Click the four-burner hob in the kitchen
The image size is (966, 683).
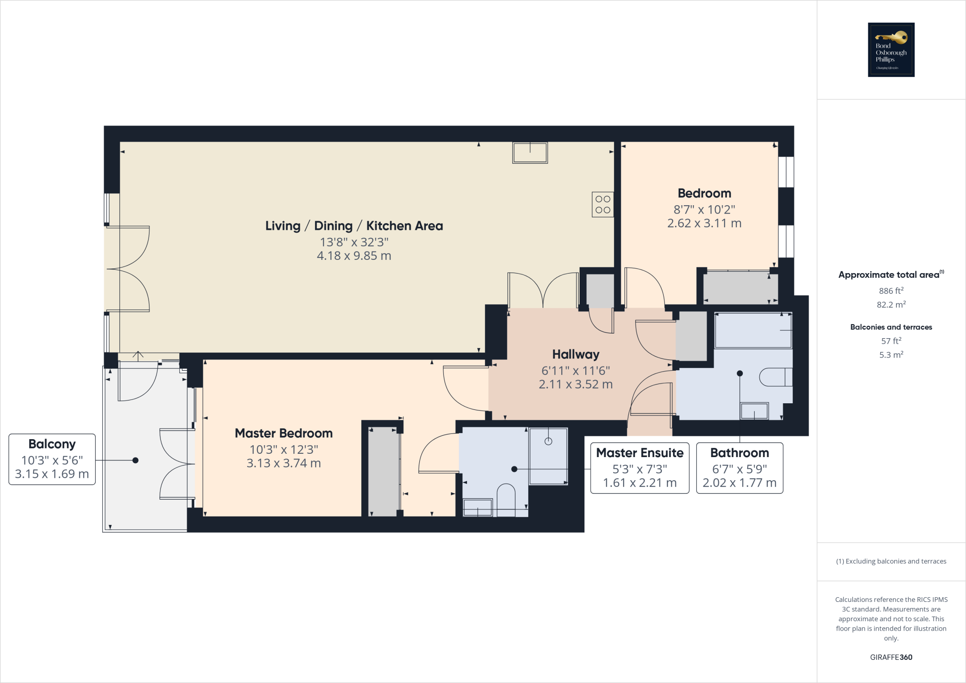click(x=603, y=204)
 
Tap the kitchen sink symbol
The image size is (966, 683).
click(x=530, y=153)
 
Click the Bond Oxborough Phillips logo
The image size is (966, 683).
click(x=891, y=50)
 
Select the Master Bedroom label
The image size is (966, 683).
click(x=283, y=433)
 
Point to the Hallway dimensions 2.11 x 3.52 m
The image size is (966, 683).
click(x=575, y=384)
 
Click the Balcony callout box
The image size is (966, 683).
click(x=52, y=459)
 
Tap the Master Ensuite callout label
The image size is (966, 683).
click(x=640, y=467)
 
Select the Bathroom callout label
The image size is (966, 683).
click(x=740, y=467)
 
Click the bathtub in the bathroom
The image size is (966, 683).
click(x=753, y=330)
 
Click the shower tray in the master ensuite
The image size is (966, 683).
click(x=548, y=456)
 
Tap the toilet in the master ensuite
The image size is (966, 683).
click(x=506, y=499)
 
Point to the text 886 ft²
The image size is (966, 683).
click(x=891, y=291)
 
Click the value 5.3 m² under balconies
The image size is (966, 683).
click(x=891, y=355)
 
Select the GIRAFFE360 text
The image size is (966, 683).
click(x=891, y=657)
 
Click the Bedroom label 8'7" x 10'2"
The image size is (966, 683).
click(x=704, y=209)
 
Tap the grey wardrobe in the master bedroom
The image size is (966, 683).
click(x=383, y=472)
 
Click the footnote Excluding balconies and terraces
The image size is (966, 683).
click(x=891, y=561)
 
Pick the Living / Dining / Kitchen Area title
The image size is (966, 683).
click(x=354, y=226)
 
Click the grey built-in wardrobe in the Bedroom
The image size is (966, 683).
click(x=740, y=288)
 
